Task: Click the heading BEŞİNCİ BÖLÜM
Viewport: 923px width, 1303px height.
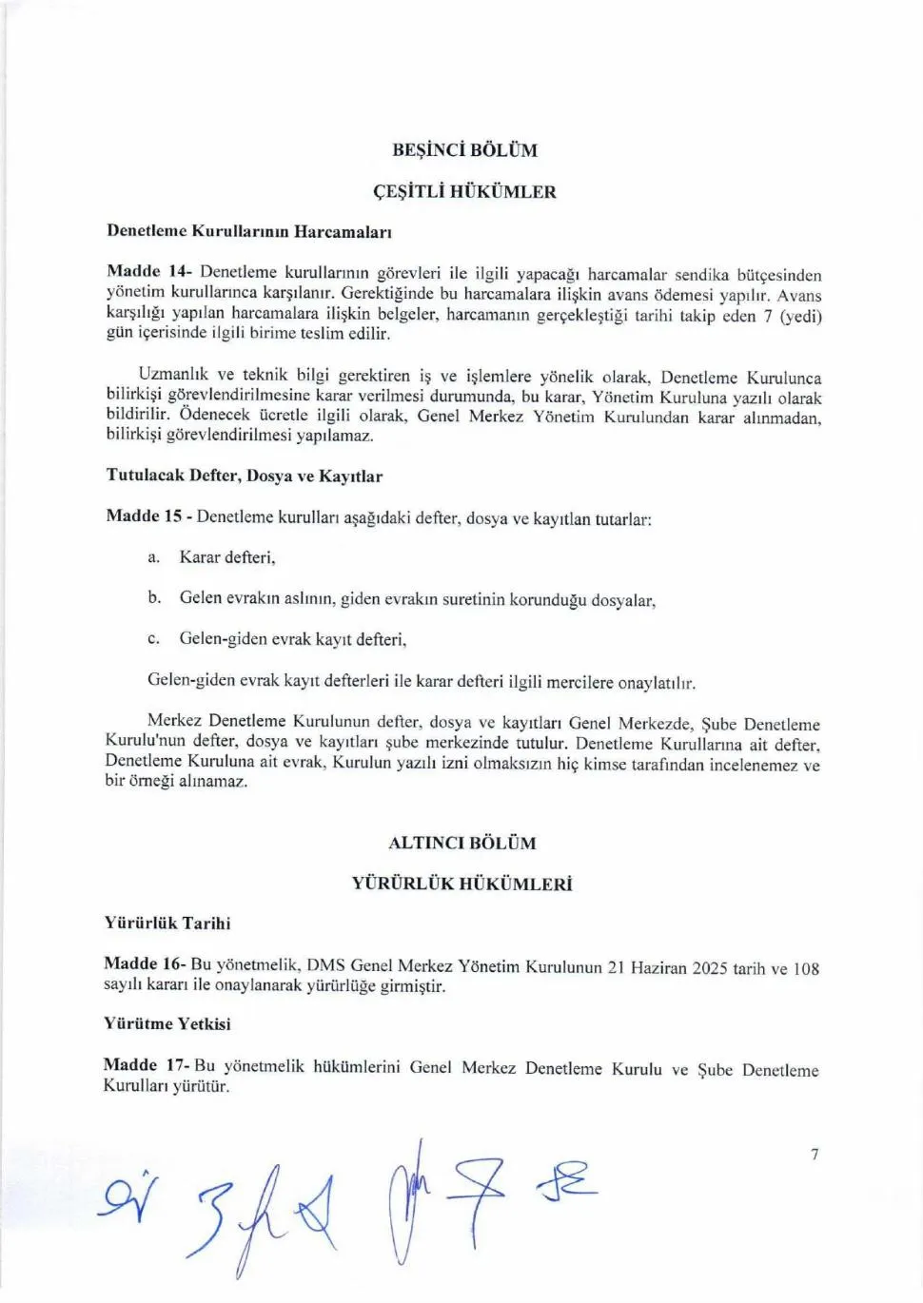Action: [464, 150]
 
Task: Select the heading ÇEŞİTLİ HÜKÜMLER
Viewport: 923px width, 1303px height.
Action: [464, 192]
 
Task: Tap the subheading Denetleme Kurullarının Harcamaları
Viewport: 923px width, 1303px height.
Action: [249, 231]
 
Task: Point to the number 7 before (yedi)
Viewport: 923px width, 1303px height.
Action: [767, 317]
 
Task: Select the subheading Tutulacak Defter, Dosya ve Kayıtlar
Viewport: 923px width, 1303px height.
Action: [245, 476]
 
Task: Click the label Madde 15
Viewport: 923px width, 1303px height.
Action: [144, 516]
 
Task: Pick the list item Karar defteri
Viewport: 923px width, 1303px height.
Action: [227, 557]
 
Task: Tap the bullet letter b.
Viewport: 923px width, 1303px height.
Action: [154, 597]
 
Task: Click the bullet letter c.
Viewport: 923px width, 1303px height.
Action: [153, 638]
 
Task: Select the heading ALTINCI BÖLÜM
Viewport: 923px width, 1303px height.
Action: [462, 843]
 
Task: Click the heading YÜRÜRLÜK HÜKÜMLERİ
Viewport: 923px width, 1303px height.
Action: [462, 884]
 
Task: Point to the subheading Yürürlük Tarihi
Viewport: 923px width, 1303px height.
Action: [167, 923]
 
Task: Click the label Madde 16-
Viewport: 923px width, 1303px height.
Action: [145, 963]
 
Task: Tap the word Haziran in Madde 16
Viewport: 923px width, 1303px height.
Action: [659, 968]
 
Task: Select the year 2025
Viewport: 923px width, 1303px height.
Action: [710, 968]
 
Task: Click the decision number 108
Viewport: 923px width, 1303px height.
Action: [806, 969]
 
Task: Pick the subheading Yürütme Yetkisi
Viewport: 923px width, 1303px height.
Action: [167, 1023]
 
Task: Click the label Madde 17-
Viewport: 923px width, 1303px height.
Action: [147, 1065]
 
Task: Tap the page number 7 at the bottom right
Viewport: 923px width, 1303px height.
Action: [815, 1155]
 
